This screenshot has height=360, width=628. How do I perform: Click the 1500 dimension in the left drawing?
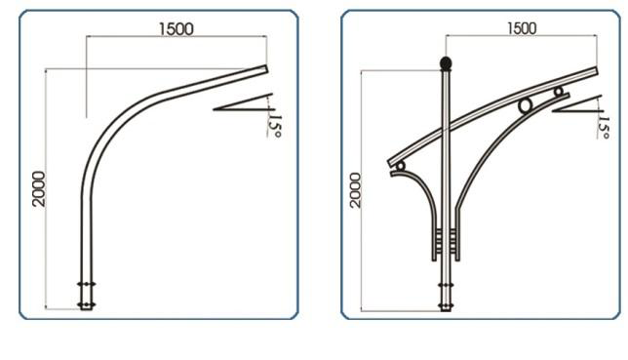pyautogui.click(x=177, y=29)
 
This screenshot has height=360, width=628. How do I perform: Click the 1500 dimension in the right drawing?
pyautogui.click(x=522, y=28)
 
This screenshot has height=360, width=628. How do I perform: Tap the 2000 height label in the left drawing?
pyautogui.click(x=39, y=189)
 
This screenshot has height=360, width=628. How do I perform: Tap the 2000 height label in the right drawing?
pyautogui.click(x=355, y=190)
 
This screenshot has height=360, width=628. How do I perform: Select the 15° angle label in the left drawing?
pyautogui.click(x=276, y=126)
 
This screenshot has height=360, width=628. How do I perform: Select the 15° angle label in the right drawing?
pyautogui.click(x=604, y=128)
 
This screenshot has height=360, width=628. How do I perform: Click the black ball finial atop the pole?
pyautogui.click(x=446, y=63)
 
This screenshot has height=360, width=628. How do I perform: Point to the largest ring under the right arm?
pyautogui.click(x=525, y=105)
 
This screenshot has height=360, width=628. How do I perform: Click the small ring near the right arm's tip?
pyautogui.click(x=559, y=92)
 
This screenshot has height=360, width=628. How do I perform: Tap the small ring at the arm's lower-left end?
pyautogui.click(x=400, y=166)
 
